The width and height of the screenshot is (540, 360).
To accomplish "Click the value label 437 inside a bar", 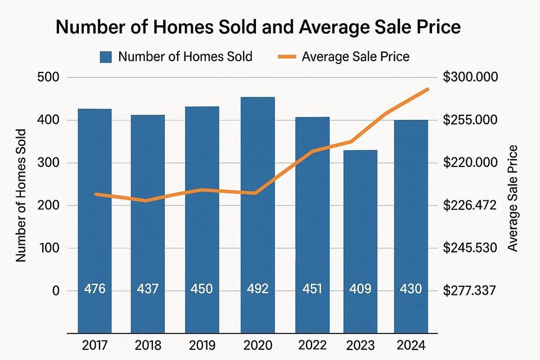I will (x=148, y=289).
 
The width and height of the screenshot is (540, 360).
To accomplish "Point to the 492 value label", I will (x=258, y=289).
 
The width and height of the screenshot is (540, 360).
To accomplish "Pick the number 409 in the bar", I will (x=361, y=289).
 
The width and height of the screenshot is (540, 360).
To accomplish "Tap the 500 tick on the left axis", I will (x=48, y=78).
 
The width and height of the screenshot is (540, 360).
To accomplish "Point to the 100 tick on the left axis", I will (x=48, y=248).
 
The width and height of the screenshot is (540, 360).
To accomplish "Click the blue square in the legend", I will (x=106, y=56).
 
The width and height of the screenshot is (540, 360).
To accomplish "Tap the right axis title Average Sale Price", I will (x=512, y=198).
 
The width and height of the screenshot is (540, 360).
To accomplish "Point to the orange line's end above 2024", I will (x=428, y=89).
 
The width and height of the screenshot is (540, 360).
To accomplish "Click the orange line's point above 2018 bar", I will (x=147, y=200).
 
